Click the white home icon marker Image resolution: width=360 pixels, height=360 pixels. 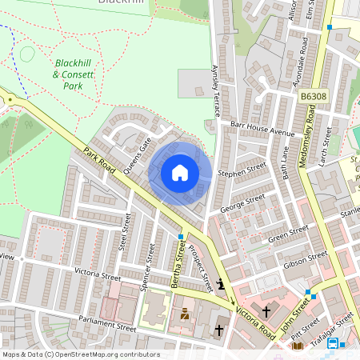(180, 172)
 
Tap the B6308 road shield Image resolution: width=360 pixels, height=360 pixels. (314, 97)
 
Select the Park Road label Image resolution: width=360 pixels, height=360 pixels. (100, 160)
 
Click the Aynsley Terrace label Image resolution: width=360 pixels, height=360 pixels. (214, 87)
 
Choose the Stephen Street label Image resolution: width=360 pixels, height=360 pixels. (242, 170)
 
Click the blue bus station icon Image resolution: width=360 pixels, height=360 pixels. (332, 343)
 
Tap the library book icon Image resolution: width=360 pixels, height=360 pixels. (298, 346)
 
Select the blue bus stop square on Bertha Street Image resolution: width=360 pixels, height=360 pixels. (182, 237)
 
